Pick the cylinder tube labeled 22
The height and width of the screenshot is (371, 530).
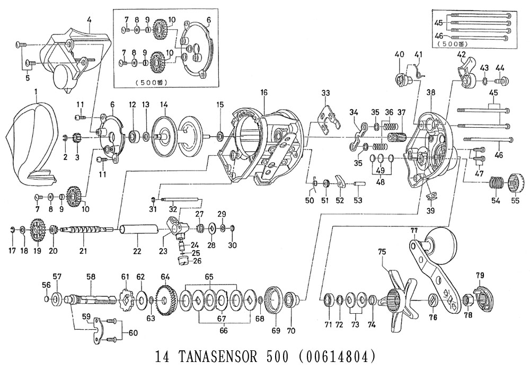(139, 231)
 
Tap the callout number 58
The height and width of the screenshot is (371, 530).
(91, 277)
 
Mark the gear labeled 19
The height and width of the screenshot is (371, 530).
(37, 231)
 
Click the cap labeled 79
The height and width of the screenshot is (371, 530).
(480, 295)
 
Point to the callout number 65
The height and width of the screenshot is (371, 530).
(209, 277)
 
